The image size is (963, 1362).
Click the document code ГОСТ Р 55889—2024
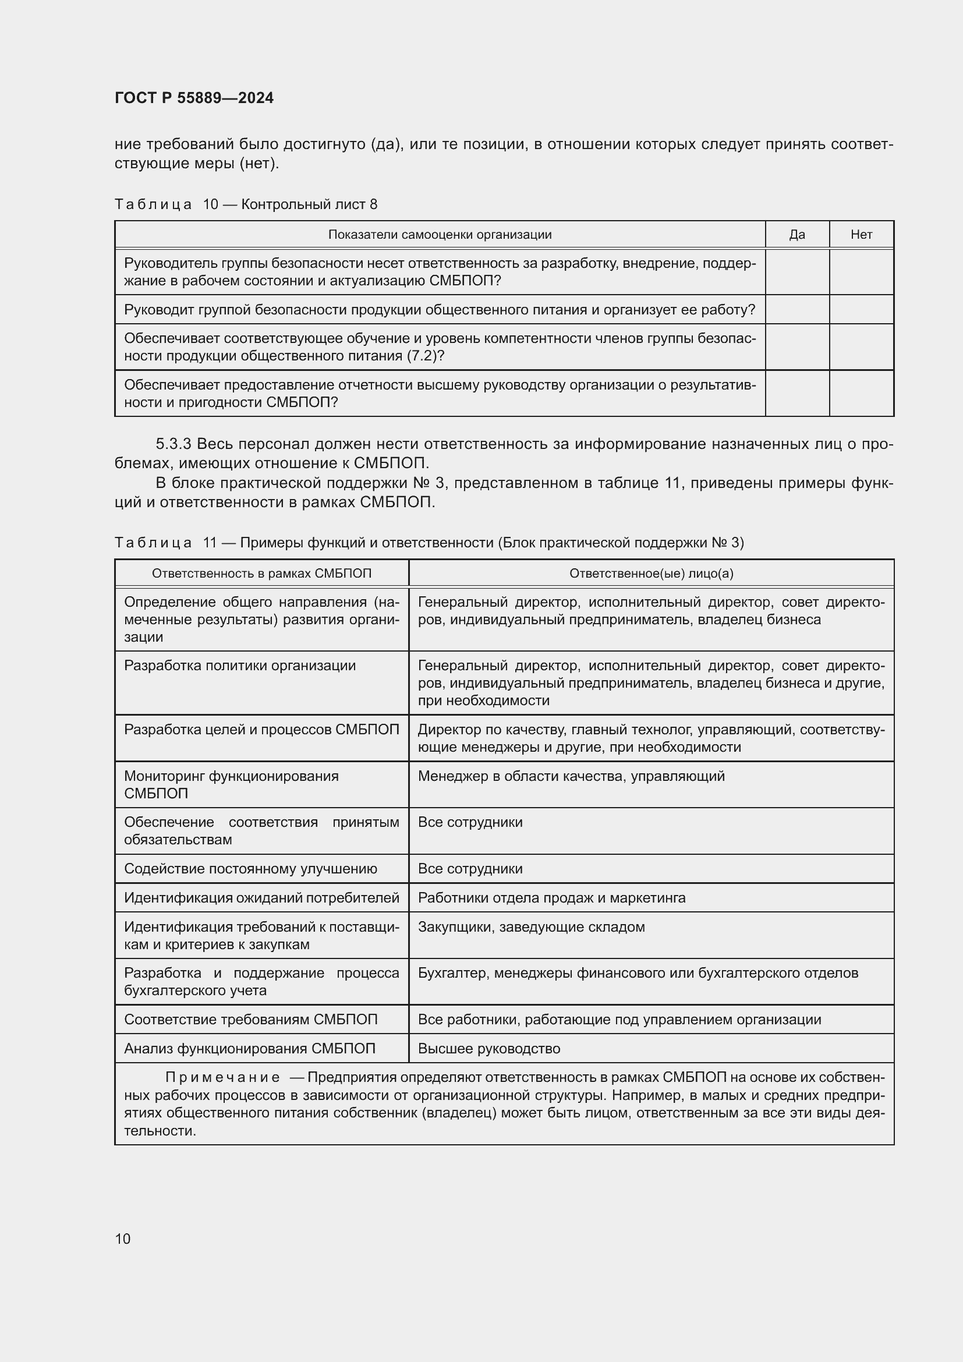pyautogui.click(x=194, y=98)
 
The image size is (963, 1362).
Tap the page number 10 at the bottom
pyautogui.click(x=123, y=1239)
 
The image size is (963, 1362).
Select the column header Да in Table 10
pyautogui.click(x=797, y=234)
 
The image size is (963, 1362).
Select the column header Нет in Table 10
pyautogui.click(x=861, y=234)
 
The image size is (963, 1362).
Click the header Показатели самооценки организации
pyautogui.click(x=440, y=234)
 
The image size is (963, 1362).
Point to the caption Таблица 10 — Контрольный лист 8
pyautogui.click(x=246, y=204)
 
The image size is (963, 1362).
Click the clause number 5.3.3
pyautogui.click(x=173, y=444)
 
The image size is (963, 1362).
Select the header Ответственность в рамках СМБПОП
pyautogui.click(x=261, y=573)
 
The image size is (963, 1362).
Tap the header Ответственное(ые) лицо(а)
pyautogui.click(x=651, y=573)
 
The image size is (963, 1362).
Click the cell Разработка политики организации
pyautogui.click(x=239, y=666)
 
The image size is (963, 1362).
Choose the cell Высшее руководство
pyautogui.click(x=488, y=1048)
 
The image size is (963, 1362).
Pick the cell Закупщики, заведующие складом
pyautogui.click(x=531, y=926)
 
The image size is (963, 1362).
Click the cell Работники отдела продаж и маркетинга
pyautogui.click(x=551, y=897)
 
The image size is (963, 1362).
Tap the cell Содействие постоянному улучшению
pyautogui.click(x=250, y=868)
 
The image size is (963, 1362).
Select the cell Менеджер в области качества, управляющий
pyautogui.click(x=571, y=776)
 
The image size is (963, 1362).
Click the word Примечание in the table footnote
pyautogui.click(x=222, y=1077)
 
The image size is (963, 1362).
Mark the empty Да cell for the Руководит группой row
pyautogui.click(x=797, y=309)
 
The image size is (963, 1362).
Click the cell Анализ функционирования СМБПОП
pyautogui.click(x=250, y=1048)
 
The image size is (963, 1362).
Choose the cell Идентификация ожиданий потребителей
pyautogui.click(x=261, y=897)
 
